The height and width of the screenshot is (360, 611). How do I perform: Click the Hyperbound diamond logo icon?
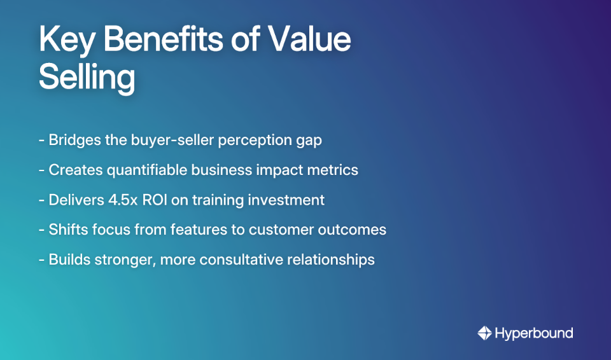pyautogui.click(x=484, y=333)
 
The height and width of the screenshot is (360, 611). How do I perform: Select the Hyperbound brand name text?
pyautogui.click(x=534, y=333)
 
